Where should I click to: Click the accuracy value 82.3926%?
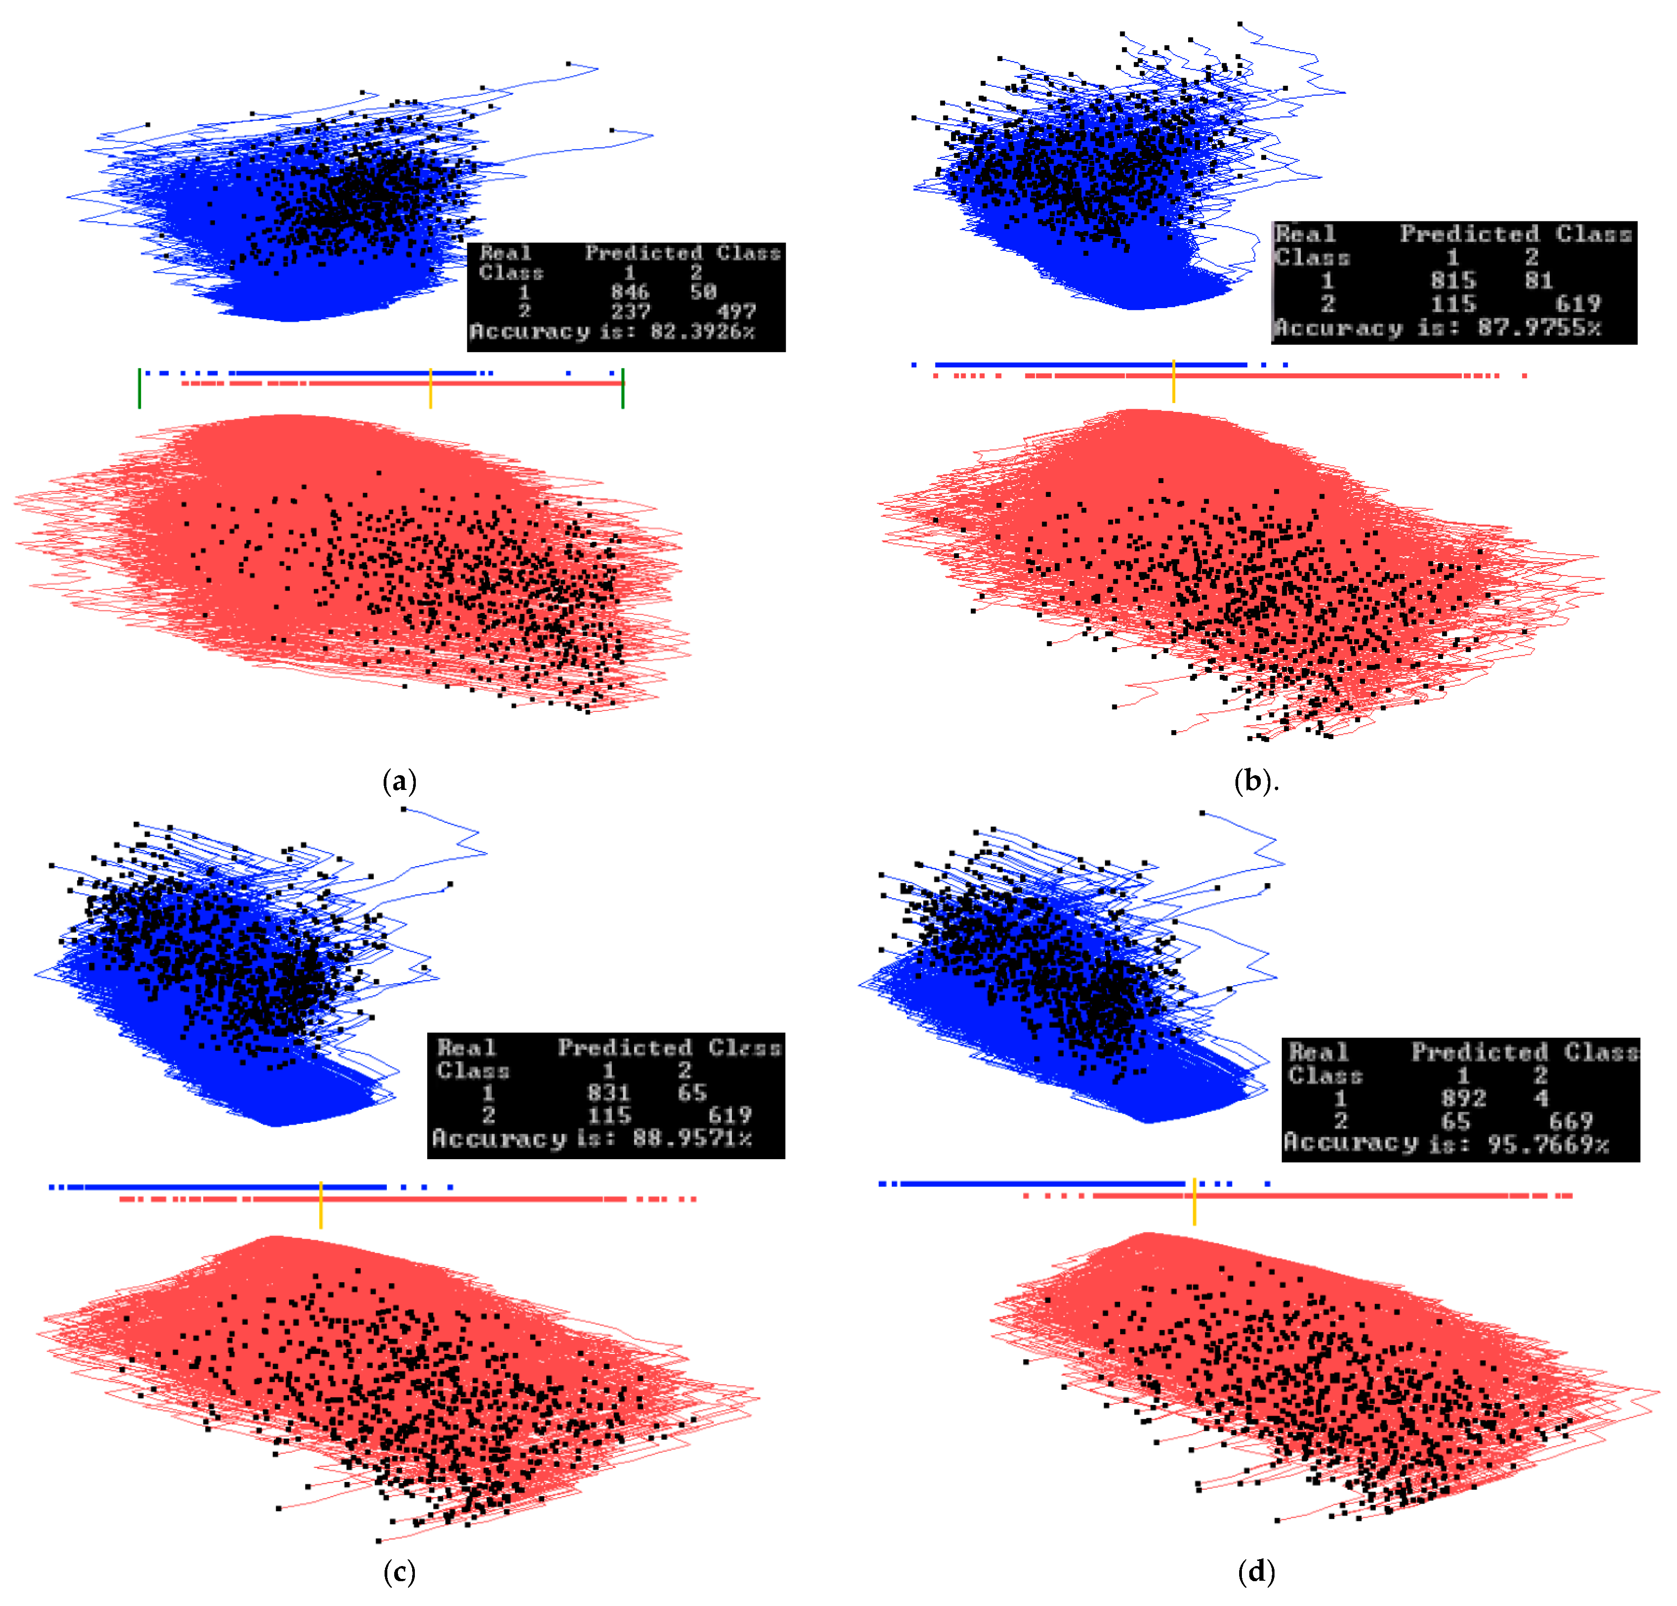[x=702, y=332]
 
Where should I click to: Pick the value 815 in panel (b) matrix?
[x=1453, y=281]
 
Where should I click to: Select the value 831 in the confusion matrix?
[x=608, y=1093]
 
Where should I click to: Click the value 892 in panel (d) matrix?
[x=1463, y=1098]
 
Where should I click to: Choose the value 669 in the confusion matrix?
[x=1571, y=1121]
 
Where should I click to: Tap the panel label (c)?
[x=400, y=1571]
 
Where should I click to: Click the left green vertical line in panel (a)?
[x=140, y=388]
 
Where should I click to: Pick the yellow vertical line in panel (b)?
[x=1173, y=381]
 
